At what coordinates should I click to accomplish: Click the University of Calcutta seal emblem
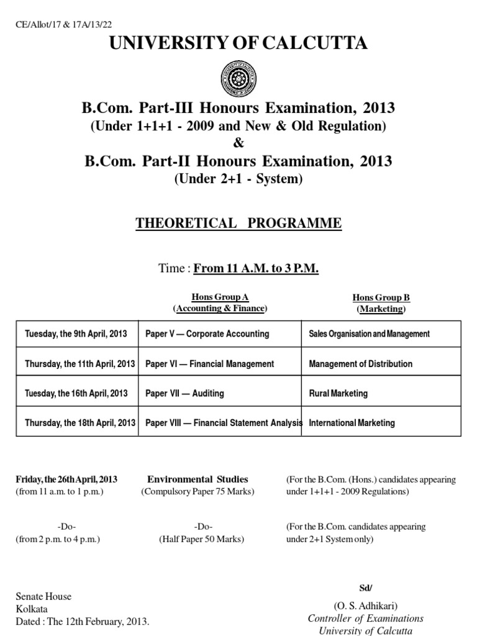tap(238, 78)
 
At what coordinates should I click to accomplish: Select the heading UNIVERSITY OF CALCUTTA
tap(238, 43)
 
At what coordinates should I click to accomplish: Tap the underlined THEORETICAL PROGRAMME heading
tap(238, 224)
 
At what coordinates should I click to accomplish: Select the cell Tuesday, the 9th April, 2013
tap(76, 334)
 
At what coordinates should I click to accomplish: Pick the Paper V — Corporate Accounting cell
tap(207, 334)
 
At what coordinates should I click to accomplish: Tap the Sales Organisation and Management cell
tap(369, 334)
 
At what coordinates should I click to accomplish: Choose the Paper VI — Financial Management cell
tap(209, 363)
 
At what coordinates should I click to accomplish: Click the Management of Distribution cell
tap(360, 363)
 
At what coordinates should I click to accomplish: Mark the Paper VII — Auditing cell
tap(184, 393)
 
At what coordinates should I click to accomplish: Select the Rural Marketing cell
tap(338, 393)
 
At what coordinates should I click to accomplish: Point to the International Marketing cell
tap(352, 423)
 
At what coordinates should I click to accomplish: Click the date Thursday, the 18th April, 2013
tap(80, 423)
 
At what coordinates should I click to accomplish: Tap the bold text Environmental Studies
tap(198, 479)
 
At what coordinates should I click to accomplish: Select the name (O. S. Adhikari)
tap(366, 606)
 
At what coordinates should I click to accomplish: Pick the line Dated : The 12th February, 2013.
tap(83, 620)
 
